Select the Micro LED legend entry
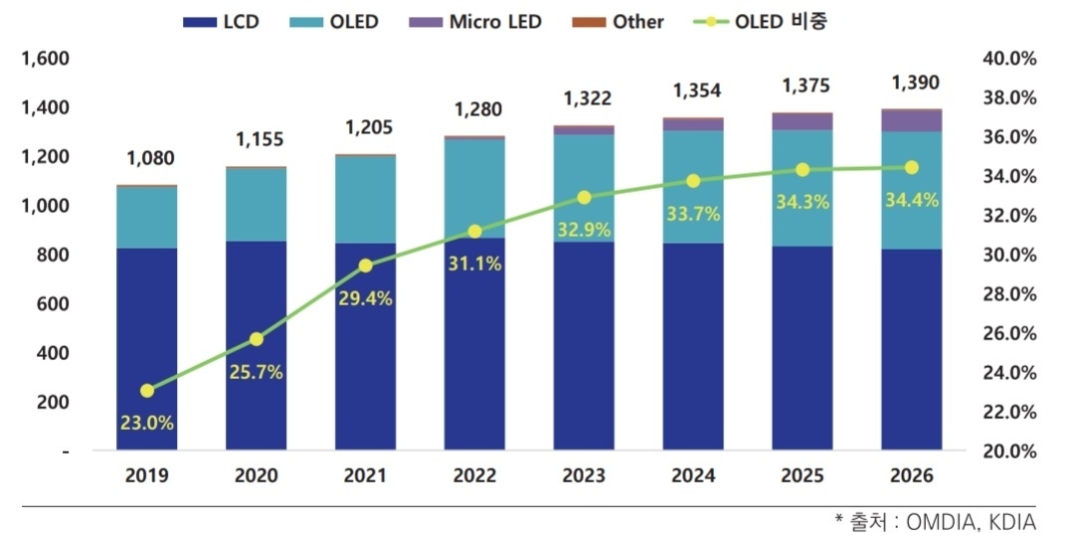(480, 21)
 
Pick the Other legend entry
(625, 21)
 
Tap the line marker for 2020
(257, 339)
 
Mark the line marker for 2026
(911, 167)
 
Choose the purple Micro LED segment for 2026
(912, 120)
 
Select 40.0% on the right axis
(1008, 59)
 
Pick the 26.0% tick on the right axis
(1008, 334)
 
